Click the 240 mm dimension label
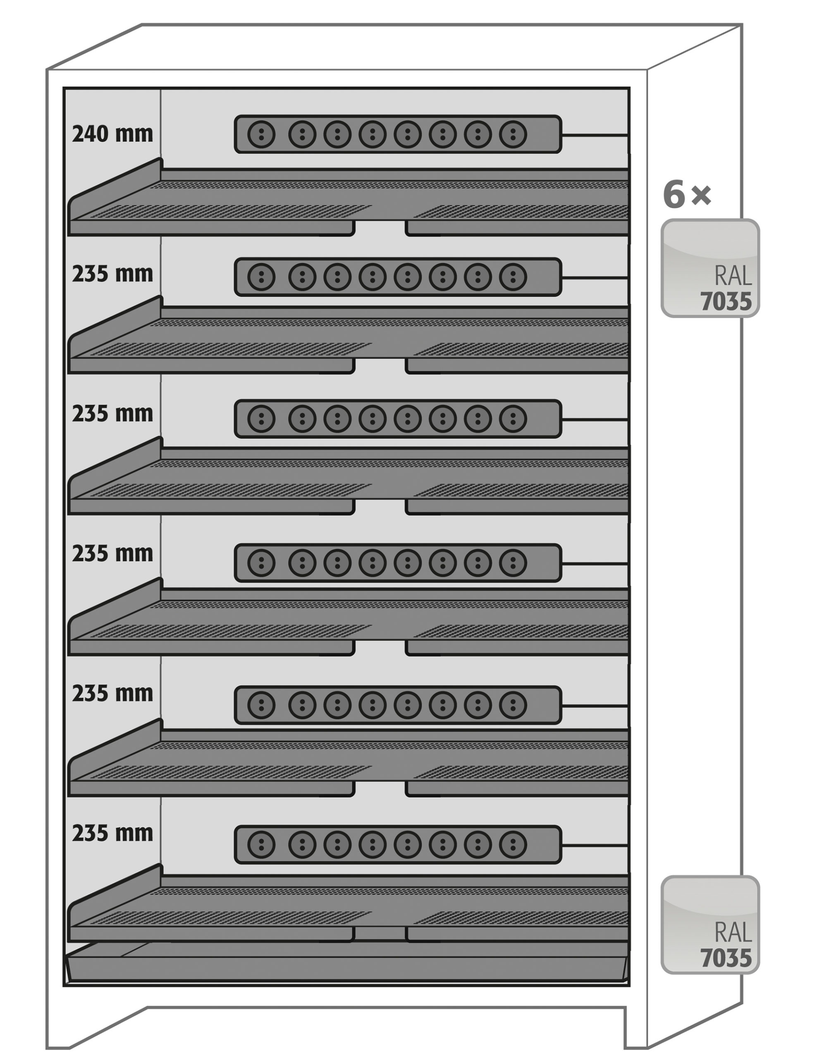point(112,134)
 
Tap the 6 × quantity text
point(687,194)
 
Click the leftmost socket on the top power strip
point(261,134)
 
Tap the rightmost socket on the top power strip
point(513,134)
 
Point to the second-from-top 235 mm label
point(112,414)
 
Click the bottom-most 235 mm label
point(112,833)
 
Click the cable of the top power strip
point(595,135)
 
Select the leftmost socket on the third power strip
point(261,419)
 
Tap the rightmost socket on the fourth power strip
point(513,563)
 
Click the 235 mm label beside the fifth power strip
point(112,694)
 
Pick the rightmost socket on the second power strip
point(513,276)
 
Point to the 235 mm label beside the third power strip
point(112,414)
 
